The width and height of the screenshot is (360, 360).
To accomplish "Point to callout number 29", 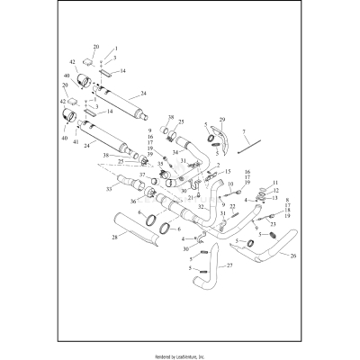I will pyautogui.click(x=222, y=120).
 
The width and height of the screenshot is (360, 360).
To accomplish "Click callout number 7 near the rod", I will pyautogui.click(x=243, y=130).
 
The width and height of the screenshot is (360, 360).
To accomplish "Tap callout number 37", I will pyautogui.click(x=143, y=174).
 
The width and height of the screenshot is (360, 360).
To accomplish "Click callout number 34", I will pyautogui.click(x=175, y=152).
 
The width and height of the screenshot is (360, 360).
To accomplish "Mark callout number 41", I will pyautogui.click(x=76, y=142).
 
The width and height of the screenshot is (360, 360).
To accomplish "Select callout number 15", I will pyautogui.click(x=229, y=171).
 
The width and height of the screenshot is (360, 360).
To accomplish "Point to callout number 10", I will pyautogui.click(x=230, y=184).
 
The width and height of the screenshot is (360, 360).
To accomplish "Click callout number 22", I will pyautogui.click(x=233, y=207).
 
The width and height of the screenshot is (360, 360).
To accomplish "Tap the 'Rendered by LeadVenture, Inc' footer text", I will pyautogui.click(x=180, y=354).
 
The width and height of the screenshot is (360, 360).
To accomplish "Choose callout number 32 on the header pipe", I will pyautogui.click(x=202, y=206).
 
